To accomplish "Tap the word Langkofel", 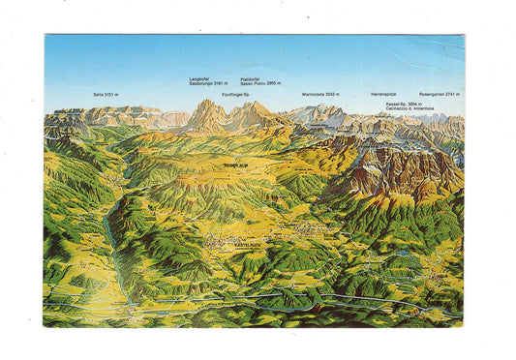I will pyautogui.click(x=199, y=78).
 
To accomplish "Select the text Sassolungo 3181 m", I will pyautogui.click(x=208, y=84).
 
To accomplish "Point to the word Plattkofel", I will pyautogui.click(x=253, y=78).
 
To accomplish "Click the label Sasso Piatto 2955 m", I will pyautogui.click(x=261, y=84).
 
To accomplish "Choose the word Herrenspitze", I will pyautogui.click(x=383, y=94).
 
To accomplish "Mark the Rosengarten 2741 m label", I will pyautogui.click(x=440, y=94).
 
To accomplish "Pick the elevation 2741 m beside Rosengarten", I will pyautogui.click(x=452, y=94).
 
